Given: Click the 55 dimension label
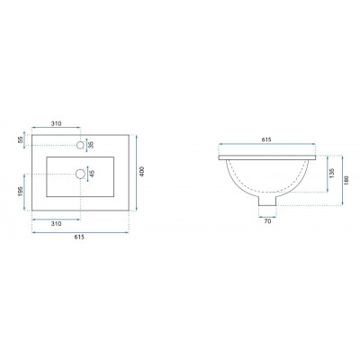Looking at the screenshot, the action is point(21,139).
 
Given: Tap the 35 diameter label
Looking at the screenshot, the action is point(92,145).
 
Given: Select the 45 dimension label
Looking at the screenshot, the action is point(93,174).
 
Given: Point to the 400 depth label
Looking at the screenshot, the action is point(142,172).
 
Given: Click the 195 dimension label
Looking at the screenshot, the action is point(21,192).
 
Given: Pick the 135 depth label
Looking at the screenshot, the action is point(332,174).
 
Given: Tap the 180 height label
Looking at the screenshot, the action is point(346,180).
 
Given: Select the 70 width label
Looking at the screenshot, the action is point(267,221).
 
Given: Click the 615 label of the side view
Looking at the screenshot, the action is point(266,139).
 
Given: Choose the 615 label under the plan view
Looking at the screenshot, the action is point(79,237).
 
